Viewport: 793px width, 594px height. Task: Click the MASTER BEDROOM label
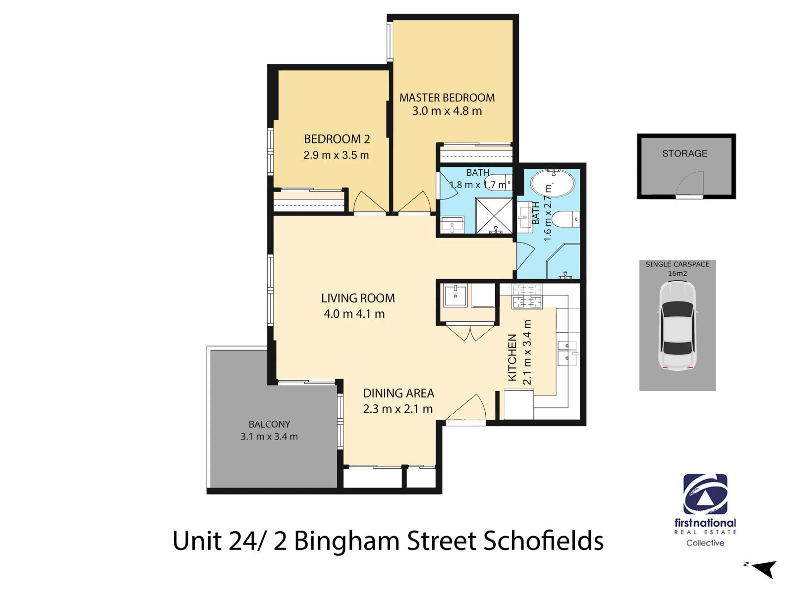tap(447, 98)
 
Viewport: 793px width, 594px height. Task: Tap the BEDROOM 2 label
tap(337, 139)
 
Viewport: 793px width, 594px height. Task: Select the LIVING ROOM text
tap(358, 298)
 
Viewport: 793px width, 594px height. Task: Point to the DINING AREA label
tap(398, 393)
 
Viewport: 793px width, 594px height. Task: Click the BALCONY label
tap(269, 424)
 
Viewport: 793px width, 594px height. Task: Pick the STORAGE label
tap(684, 153)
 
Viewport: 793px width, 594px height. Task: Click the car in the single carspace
tap(678, 326)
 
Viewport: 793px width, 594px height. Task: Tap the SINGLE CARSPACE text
tap(678, 264)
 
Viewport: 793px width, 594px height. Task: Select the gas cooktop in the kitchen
tap(527, 296)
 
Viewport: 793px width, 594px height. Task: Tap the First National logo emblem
tap(705, 494)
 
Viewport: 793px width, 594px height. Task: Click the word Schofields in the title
tap(544, 541)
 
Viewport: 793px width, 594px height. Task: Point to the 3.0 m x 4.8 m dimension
tap(447, 111)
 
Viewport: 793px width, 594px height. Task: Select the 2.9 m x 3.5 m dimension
tap(336, 155)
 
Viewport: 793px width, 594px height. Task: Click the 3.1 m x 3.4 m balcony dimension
tap(269, 437)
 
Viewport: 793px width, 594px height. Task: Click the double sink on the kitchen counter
tap(567, 353)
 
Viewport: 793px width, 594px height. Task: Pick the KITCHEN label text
tap(512, 357)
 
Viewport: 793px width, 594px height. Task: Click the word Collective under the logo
tap(705, 543)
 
